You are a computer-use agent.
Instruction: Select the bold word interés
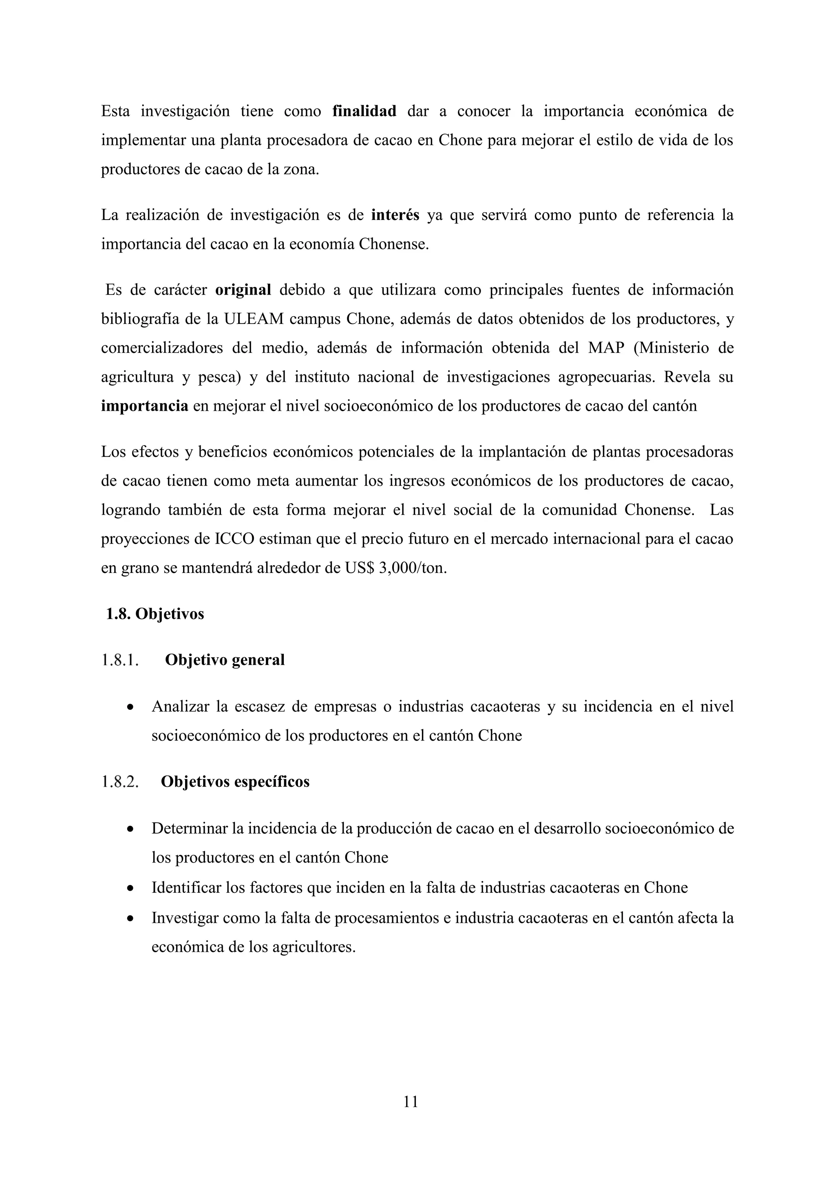(395, 215)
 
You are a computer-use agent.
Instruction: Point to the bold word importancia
(144, 406)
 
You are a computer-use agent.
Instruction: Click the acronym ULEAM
(254, 319)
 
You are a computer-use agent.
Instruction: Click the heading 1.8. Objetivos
(155, 614)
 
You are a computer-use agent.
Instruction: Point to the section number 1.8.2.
(120, 782)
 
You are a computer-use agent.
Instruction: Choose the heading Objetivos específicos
(235, 782)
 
